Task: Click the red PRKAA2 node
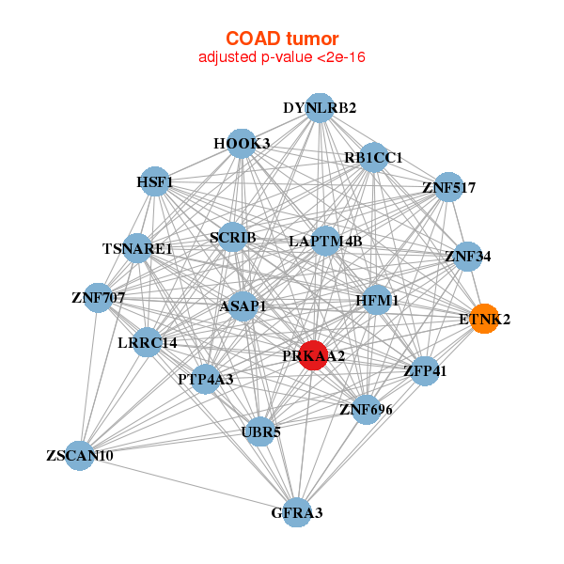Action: tap(315, 356)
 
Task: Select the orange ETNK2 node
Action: tap(484, 319)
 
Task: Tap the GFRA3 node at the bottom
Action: tap(297, 512)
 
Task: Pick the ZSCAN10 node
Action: tap(80, 456)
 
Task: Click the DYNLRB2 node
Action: tap(320, 107)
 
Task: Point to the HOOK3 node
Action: tap(242, 143)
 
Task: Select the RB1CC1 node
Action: tap(373, 157)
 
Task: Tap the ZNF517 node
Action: tap(448, 187)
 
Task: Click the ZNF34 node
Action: tap(468, 256)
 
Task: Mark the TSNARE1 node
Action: tap(137, 249)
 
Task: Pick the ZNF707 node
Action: tap(98, 298)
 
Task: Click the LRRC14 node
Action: tap(133, 341)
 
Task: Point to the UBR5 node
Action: tap(261, 432)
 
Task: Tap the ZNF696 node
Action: tap(366, 409)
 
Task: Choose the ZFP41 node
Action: tap(425, 370)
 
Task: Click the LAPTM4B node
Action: tap(325, 241)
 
